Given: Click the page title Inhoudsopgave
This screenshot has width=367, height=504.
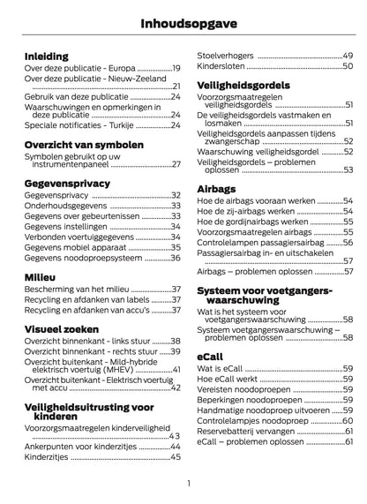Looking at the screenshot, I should point(279,20).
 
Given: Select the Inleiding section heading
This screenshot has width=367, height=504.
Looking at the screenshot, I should point(47,55).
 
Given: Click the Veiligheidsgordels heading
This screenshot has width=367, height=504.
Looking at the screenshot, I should point(244,85).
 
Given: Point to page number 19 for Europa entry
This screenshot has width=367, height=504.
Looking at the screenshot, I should point(176,68).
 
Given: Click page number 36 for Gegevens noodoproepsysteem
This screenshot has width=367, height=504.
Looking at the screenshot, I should point(176,258).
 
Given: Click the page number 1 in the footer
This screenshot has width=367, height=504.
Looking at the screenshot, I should point(189,482).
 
